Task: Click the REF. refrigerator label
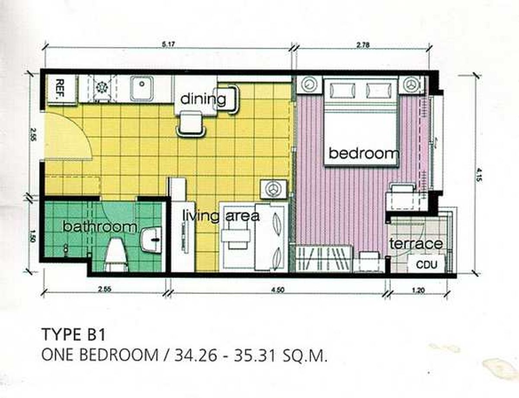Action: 60,88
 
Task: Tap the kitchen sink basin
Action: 142,88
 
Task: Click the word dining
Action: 203,99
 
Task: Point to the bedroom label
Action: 364,153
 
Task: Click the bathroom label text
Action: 99,227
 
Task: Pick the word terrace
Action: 416,244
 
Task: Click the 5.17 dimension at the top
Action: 168,45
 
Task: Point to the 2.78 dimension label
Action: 363,45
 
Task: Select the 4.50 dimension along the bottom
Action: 278,290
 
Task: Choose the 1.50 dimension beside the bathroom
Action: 33,236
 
